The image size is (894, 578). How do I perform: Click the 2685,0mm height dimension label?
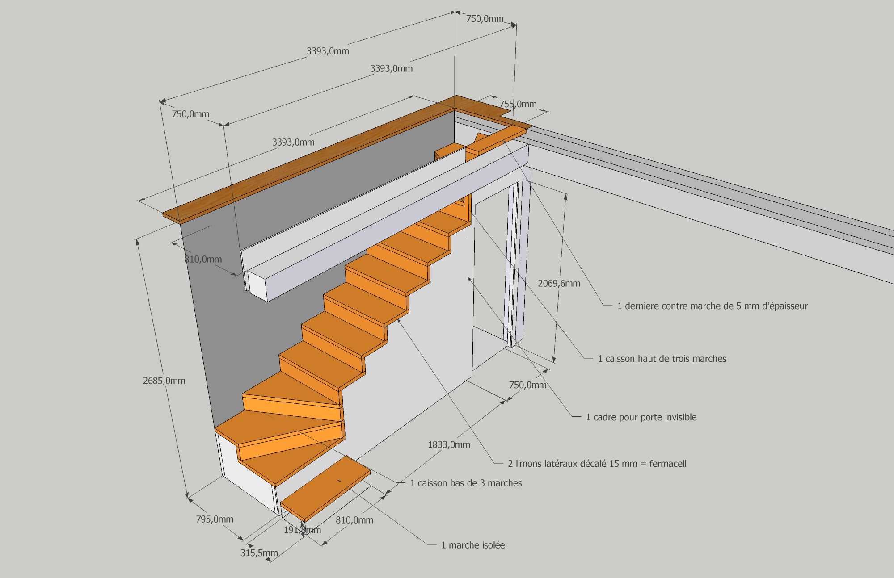(164, 381)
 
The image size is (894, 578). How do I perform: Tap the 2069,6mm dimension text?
(559, 283)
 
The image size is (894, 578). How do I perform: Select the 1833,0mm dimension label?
(449, 444)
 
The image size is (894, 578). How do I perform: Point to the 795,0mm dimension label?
(215, 519)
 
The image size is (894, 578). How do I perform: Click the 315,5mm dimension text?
(259, 553)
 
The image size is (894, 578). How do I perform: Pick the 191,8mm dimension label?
(302, 530)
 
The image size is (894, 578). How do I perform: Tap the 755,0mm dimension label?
(518, 104)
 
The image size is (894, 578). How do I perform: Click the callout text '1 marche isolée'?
(473, 545)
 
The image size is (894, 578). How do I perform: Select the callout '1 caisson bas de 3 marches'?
(466, 483)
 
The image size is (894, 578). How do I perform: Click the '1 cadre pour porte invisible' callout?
(641, 417)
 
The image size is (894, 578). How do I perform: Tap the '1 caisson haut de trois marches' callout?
(662, 359)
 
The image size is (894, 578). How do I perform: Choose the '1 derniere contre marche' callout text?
(713, 306)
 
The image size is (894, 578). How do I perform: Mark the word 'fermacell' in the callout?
(668, 464)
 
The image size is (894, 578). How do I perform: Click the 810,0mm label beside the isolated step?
(354, 520)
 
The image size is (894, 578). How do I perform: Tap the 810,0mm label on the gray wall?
(203, 259)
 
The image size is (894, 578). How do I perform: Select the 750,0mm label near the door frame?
(527, 385)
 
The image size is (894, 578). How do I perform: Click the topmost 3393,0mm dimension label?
(328, 51)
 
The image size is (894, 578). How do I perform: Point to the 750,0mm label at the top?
(485, 19)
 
